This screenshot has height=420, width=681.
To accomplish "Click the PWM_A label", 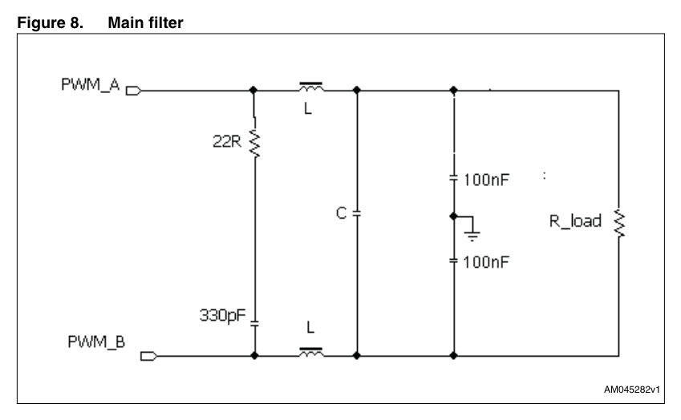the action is click(91, 85).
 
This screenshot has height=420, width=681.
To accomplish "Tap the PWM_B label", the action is click(96, 342).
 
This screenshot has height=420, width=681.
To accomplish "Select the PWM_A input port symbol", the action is click(133, 91).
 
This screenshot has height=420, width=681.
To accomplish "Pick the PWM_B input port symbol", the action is click(148, 356).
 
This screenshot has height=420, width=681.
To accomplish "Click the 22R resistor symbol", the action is click(254, 143).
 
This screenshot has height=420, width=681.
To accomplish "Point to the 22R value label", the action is click(227, 141).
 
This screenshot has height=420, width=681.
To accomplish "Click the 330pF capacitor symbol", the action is click(254, 323).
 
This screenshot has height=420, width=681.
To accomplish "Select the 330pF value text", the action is click(222, 316).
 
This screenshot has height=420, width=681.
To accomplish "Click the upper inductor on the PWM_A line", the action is click(311, 87).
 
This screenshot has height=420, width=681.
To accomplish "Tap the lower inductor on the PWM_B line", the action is click(311, 353).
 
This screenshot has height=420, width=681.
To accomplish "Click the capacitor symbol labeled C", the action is click(357, 213).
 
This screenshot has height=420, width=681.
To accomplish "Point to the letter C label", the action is click(342, 213).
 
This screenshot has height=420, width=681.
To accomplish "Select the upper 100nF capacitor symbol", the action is click(453, 178).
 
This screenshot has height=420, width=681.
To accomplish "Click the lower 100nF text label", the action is click(486, 262).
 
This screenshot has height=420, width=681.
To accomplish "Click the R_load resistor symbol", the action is click(619, 223).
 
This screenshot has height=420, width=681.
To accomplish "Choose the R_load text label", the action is click(575, 221).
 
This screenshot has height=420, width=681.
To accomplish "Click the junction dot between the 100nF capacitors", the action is click(453, 216).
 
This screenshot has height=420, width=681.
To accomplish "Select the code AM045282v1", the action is click(632, 390).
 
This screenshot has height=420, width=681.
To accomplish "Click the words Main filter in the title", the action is click(145, 22).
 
